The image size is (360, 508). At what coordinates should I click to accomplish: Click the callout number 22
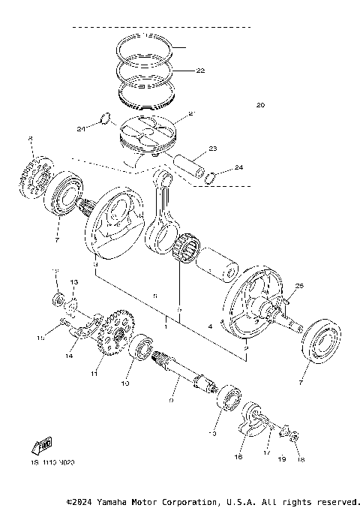point(199,71)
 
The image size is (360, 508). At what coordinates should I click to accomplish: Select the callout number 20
point(260,104)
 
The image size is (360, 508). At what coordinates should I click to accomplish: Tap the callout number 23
point(212,149)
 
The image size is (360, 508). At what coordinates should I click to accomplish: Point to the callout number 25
point(299,286)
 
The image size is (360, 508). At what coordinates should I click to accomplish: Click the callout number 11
point(94,373)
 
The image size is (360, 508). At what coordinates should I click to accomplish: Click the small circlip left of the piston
point(106,118)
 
